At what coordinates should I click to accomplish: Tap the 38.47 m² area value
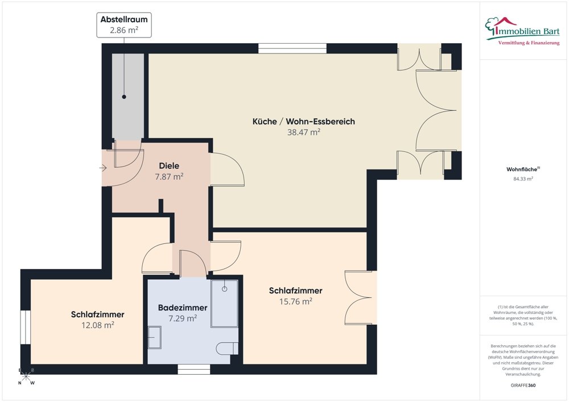(304, 132)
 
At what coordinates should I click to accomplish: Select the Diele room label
(169, 166)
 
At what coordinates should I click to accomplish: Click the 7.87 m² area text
(169, 177)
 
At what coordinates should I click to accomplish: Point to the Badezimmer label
(182, 308)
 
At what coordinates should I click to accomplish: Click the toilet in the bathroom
(229, 348)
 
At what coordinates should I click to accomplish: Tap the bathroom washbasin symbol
(154, 338)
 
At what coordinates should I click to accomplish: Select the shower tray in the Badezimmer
(224, 304)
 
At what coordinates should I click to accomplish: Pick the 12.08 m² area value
(98, 325)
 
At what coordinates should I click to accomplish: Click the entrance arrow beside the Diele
(102, 168)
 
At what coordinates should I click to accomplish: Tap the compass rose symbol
(26, 376)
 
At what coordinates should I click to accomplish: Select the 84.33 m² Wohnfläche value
(522, 179)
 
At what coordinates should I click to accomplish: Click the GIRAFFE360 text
(522, 385)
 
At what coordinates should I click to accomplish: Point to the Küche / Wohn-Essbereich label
(304, 121)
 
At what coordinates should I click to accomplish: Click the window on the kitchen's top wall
(292, 48)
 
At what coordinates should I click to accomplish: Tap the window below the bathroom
(189, 369)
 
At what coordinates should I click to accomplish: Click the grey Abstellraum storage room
(127, 97)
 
